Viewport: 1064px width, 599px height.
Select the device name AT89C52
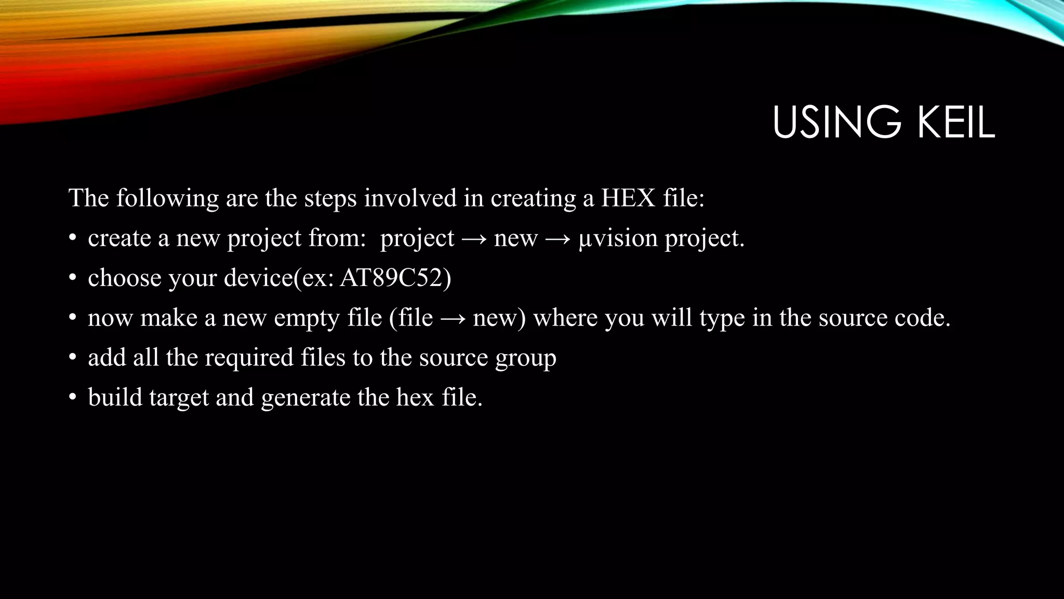[395, 278]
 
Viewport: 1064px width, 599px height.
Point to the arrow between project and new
[474, 239]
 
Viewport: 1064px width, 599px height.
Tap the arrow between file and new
[453, 318]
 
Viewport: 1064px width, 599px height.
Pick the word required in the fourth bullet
[249, 358]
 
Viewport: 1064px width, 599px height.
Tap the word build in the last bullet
[115, 397]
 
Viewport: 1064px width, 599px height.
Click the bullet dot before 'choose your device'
[73, 278]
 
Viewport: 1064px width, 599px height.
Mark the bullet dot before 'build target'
[73, 398]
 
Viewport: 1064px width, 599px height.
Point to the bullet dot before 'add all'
[73, 358]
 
